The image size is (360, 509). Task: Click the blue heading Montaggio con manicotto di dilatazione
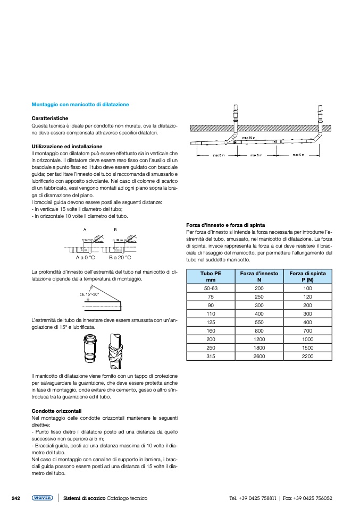pos(80,105)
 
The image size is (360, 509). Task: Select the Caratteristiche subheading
pos(50,118)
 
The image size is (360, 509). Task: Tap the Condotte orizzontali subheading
pos(56,411)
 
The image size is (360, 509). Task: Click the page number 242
pos(16,498)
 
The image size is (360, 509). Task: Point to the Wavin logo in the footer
pos(42,498)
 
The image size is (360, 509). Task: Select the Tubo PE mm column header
pos(211,276)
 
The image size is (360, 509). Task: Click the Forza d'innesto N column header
pos(259,276)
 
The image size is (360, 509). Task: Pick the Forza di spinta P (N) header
pos(307,276)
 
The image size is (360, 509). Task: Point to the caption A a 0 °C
pos(85,257)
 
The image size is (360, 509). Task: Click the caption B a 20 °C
pos(120,257)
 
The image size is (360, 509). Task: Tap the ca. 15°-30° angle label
pos(89,293)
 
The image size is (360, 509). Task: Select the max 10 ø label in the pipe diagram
pos(249,138)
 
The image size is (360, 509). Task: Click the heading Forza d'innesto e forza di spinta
pos(225,225)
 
